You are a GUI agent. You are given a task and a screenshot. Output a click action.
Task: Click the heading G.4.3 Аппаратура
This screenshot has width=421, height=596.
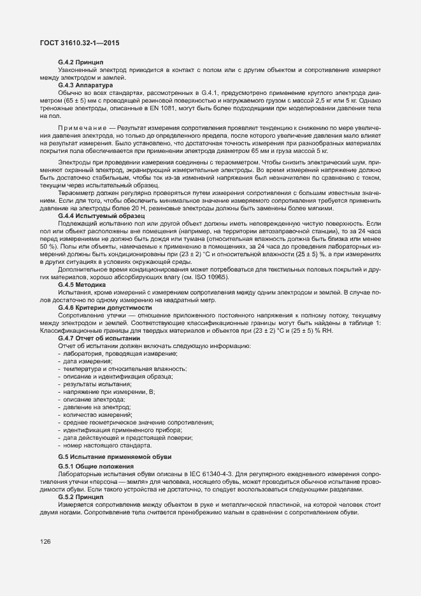coord(85,84)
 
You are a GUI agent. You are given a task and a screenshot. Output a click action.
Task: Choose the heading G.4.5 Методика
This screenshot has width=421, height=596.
coord(82,284)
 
